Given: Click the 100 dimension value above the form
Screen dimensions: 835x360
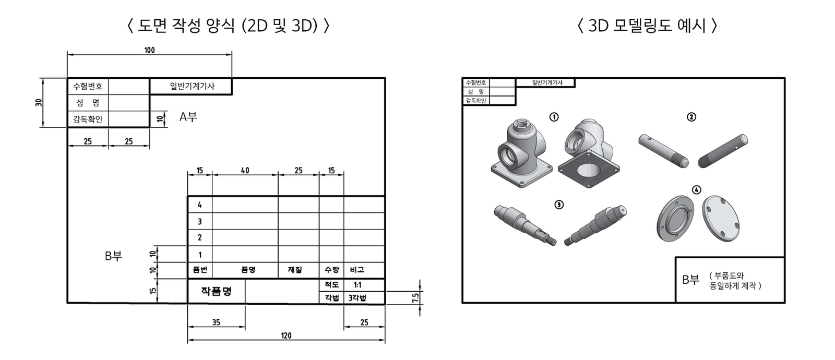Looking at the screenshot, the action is click(149, 50).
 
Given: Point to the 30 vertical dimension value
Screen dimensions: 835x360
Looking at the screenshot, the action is click(39, 102).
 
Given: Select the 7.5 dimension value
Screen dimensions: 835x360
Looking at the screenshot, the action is click(415, 297).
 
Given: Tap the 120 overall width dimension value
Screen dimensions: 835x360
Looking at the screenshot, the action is click(286, 335).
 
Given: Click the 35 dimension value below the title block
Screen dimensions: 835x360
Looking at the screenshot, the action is click(216, 322).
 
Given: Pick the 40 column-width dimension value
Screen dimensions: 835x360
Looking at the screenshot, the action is click(245, 170).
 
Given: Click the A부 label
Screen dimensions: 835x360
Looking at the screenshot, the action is click(188, 117).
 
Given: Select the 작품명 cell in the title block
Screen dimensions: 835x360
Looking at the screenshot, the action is click(216, 291).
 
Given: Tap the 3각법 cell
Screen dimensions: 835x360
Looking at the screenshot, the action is click(357, 298).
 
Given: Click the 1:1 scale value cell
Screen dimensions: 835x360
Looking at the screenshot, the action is click(357, 285).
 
